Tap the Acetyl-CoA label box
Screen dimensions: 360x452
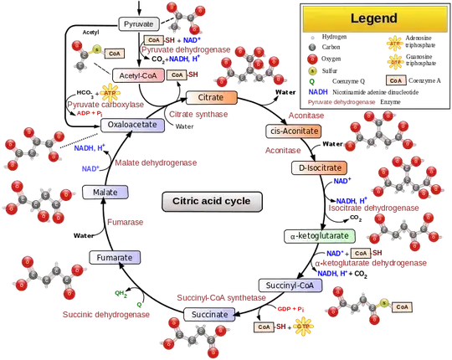(137, 75)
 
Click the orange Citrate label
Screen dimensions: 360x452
(211, 98)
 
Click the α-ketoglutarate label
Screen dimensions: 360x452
(320, 237)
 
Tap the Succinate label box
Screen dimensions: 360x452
(208, 315)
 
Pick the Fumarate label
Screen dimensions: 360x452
(113, 257)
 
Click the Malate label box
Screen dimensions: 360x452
(105, 193)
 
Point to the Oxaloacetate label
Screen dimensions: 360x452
(132, 125)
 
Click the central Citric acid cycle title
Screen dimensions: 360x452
(211, 202)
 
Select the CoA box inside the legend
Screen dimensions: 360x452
(395, 80)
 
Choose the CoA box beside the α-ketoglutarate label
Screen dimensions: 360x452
(361, 252)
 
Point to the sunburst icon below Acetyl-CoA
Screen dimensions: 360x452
(109, 91)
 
